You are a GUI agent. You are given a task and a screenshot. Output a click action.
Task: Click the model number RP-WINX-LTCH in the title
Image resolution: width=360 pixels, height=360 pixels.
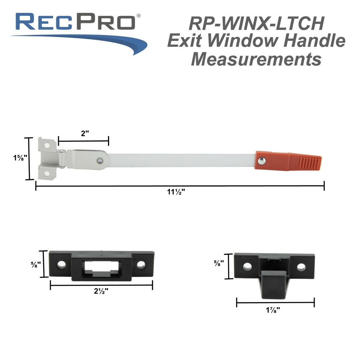tap(256, 24)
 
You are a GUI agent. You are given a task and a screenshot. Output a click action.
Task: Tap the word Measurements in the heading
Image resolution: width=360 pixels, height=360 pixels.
tap(256, 59)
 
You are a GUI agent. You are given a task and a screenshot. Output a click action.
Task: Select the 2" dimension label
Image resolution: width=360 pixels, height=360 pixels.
tap(85, 134)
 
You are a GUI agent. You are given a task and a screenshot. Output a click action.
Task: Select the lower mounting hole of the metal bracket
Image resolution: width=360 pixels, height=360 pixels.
tap(46, 174)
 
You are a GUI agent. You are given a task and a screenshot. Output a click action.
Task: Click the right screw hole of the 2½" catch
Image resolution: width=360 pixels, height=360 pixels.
tap(140, 265)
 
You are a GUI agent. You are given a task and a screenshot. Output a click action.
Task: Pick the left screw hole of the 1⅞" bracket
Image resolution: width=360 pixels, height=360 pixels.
tap(247, 266)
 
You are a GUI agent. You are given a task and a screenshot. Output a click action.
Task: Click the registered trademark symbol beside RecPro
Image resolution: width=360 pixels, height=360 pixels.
tap(139, 16)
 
